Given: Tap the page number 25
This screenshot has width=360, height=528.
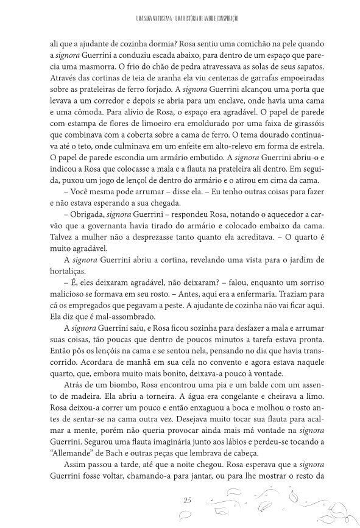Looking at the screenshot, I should (187, 499).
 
